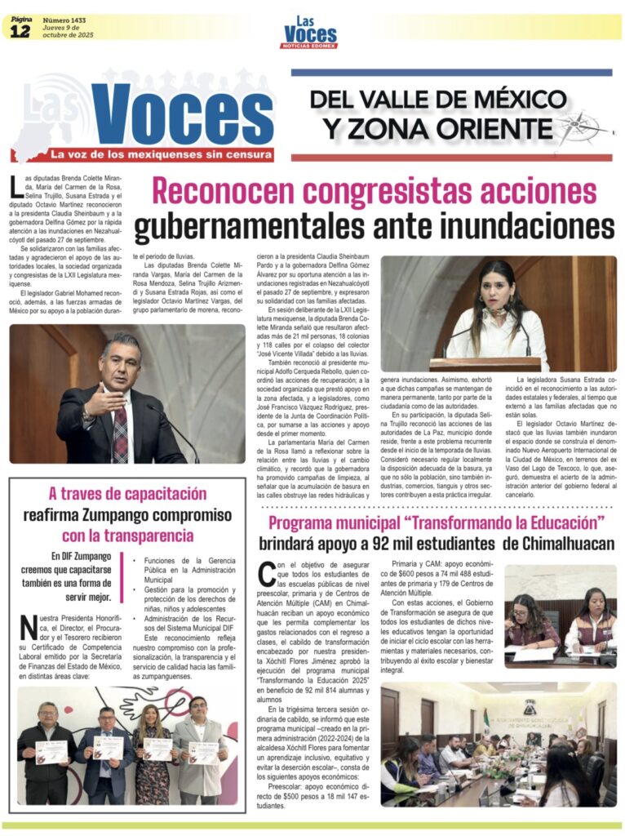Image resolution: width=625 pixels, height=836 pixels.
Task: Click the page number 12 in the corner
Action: [20, 31]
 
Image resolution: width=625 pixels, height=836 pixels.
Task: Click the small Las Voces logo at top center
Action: [310, 32]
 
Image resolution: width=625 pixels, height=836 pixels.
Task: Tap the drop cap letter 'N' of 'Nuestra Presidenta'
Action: [27, 628]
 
